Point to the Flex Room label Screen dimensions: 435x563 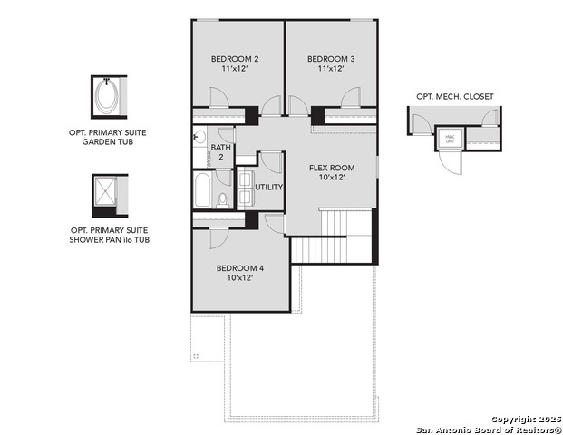[331, 172]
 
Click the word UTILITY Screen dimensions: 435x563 [269, 187]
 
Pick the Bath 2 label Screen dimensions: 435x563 [221, 152]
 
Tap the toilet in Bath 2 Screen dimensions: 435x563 [223, 197]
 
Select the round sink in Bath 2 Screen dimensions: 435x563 [199, 138]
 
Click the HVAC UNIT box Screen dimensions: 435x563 [451, 139]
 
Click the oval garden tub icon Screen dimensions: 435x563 [107, 98]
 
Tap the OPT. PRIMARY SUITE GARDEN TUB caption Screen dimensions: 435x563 [107, 138]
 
